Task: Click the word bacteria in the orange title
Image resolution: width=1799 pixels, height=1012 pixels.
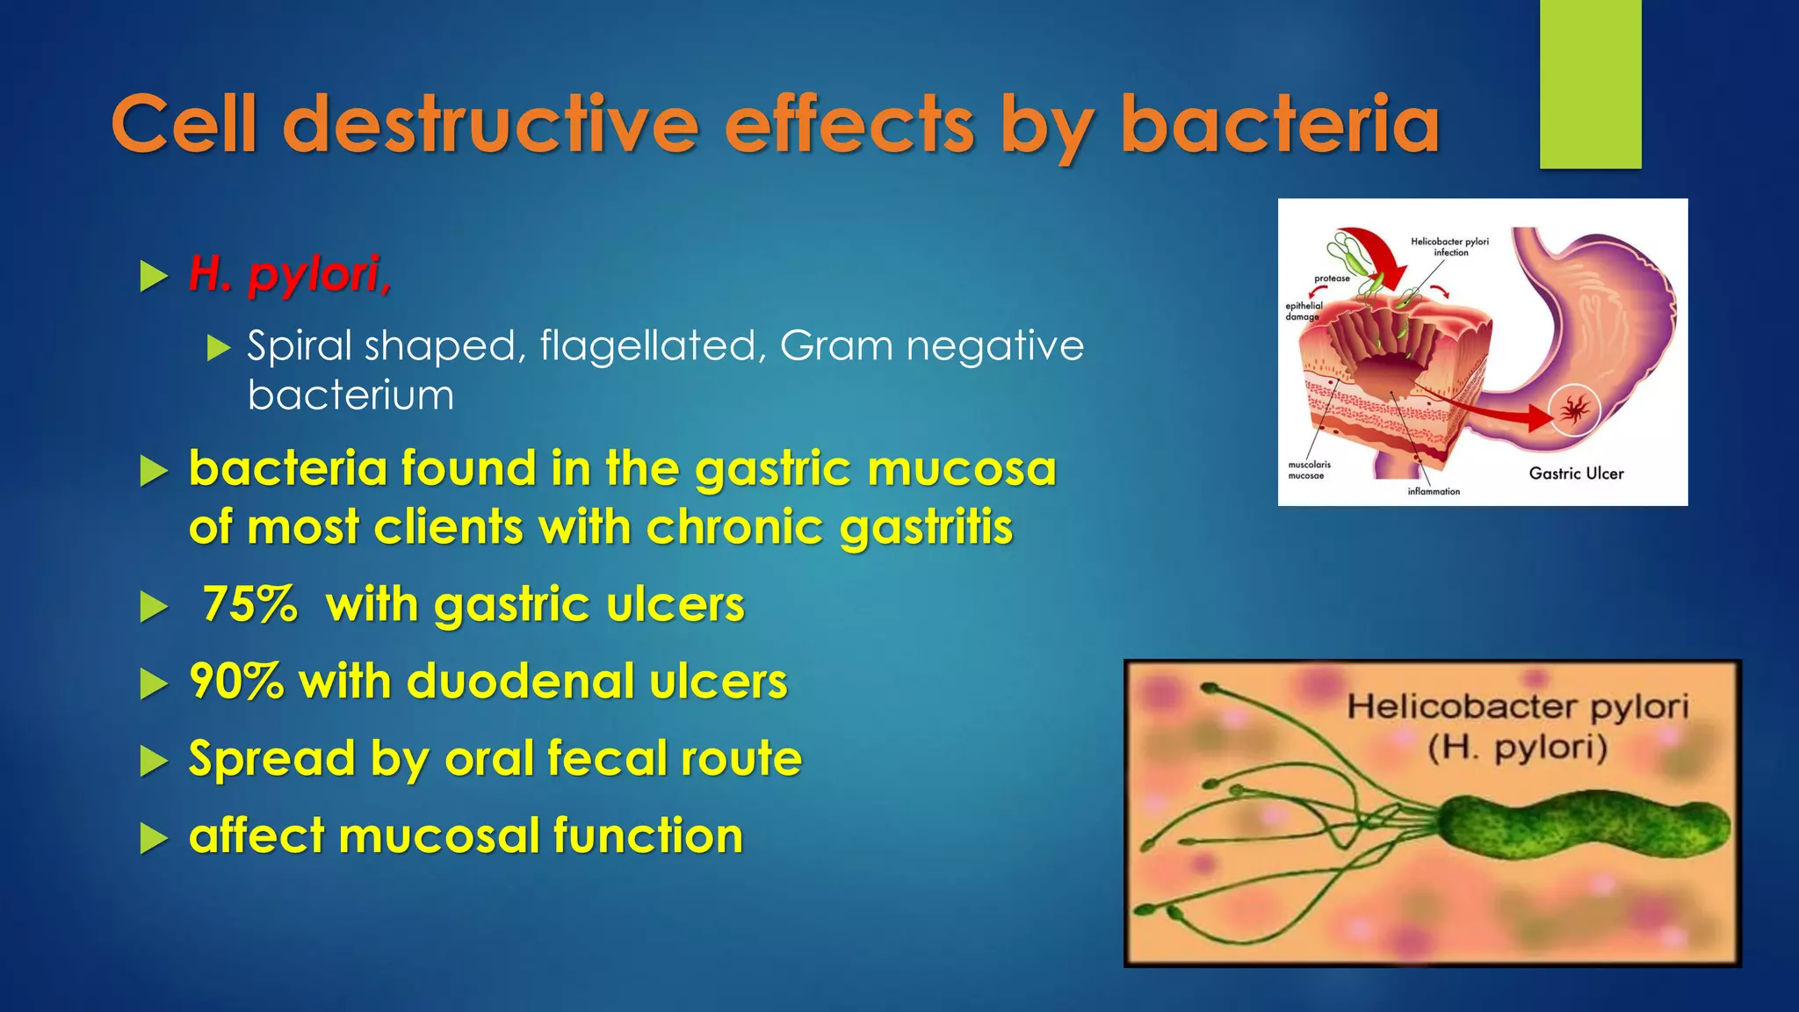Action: tap(1280, 125)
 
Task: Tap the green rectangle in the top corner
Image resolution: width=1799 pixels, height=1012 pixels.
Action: tap(1590, 84)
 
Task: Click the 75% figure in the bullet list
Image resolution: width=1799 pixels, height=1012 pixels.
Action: tap(250, 604)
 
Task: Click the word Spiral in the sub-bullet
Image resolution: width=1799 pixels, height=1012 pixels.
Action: tap(299, 346)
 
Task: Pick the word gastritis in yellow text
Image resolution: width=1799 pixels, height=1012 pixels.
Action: tap(926, 528)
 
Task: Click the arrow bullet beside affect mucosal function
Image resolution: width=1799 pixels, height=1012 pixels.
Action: tap(154, 839)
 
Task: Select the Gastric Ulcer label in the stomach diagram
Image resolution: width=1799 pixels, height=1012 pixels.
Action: tap(1576, 473)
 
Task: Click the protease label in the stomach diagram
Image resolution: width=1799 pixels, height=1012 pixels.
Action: tap(1332, 278)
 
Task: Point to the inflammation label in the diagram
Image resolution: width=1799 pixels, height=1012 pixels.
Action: tap(1434, 492)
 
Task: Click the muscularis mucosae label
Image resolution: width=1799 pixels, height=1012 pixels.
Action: tap(1309, 470)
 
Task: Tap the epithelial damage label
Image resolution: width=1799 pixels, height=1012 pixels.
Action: tap(1304, 311)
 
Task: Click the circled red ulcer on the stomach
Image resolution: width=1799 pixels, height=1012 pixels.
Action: tap(1574, 409)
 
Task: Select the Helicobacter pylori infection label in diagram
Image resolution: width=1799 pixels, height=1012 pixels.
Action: tap(1449, 247)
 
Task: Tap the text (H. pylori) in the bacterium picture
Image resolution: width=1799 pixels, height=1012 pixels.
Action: tap(1518, 748)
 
